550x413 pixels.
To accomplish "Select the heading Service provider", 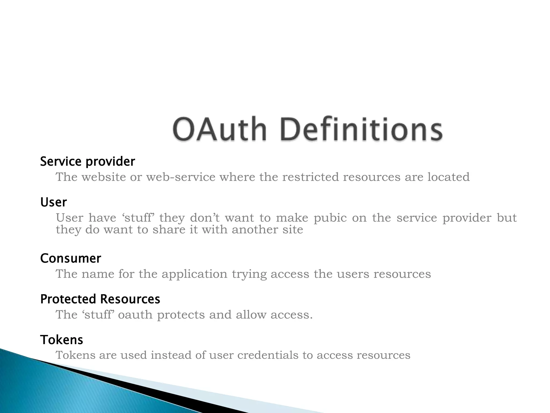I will point(88,162).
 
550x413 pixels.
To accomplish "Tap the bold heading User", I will point(53,202).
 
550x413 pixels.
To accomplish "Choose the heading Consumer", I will point(71,258).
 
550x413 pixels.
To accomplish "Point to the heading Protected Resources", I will point(100,299).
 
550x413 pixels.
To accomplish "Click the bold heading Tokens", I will point(62,340).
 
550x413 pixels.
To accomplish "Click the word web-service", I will point(181,177).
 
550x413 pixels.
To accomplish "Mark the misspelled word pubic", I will point(330,218).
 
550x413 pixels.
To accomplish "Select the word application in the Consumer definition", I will point(194,274).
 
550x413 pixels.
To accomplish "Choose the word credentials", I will point(268,355).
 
